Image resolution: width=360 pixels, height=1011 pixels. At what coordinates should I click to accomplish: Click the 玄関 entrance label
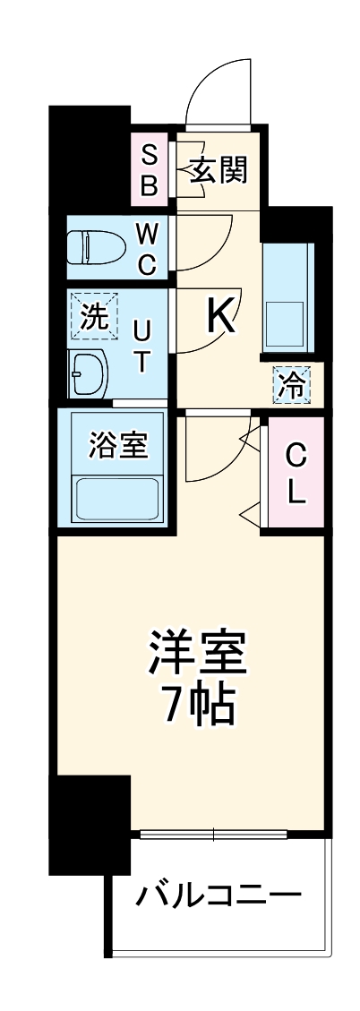click(x=218, y=169)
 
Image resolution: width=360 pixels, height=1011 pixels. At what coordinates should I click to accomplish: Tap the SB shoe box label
click(x=150, y=170)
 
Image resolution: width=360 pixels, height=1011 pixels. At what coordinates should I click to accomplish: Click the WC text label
click(x=147, y=249)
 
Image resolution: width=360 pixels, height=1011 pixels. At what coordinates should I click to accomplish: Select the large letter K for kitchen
click(x=221, y=314)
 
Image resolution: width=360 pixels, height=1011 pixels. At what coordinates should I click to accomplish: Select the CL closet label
click(x=296, y=474)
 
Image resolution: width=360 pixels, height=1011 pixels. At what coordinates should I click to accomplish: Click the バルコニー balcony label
click(x=217, y=895)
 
